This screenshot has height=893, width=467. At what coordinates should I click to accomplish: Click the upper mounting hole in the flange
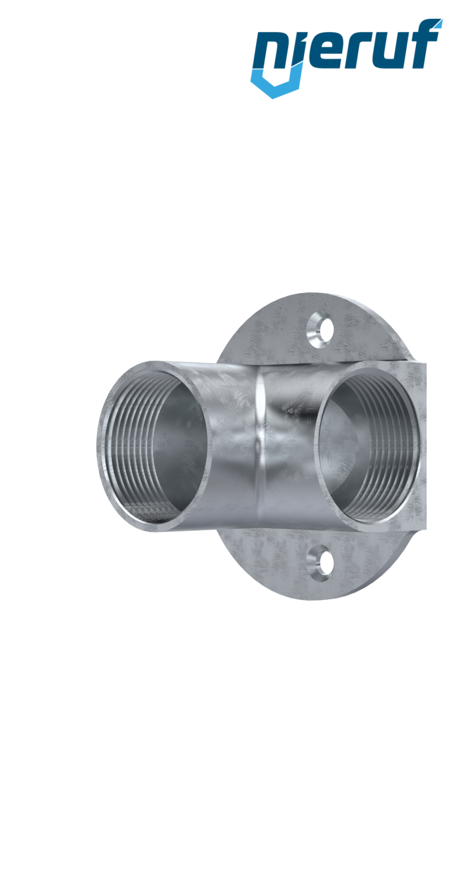coord(320,331)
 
